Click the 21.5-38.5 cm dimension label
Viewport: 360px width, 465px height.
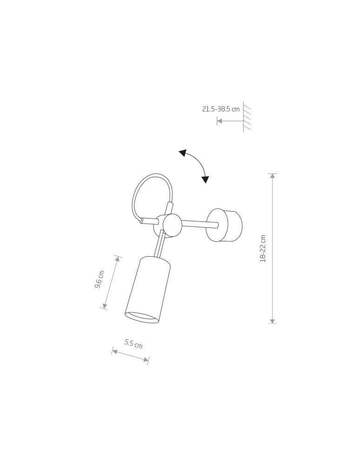tap(220, 109)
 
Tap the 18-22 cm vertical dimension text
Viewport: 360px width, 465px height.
tap(263, 249)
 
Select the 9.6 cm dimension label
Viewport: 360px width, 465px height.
tap(100, 279)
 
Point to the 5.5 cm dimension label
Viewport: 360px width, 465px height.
tap(133, 344)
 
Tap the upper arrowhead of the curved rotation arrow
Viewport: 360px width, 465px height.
tap(183, 153)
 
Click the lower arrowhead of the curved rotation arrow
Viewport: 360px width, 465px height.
tap(205, 179)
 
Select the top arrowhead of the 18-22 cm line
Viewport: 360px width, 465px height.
tap(273, 176)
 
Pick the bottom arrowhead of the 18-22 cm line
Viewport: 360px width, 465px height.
tap(273, 320)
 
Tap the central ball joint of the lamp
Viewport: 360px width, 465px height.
tap(172, 225)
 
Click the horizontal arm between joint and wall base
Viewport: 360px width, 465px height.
tap(199, 225)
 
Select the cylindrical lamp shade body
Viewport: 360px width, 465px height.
tap(148, 288)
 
